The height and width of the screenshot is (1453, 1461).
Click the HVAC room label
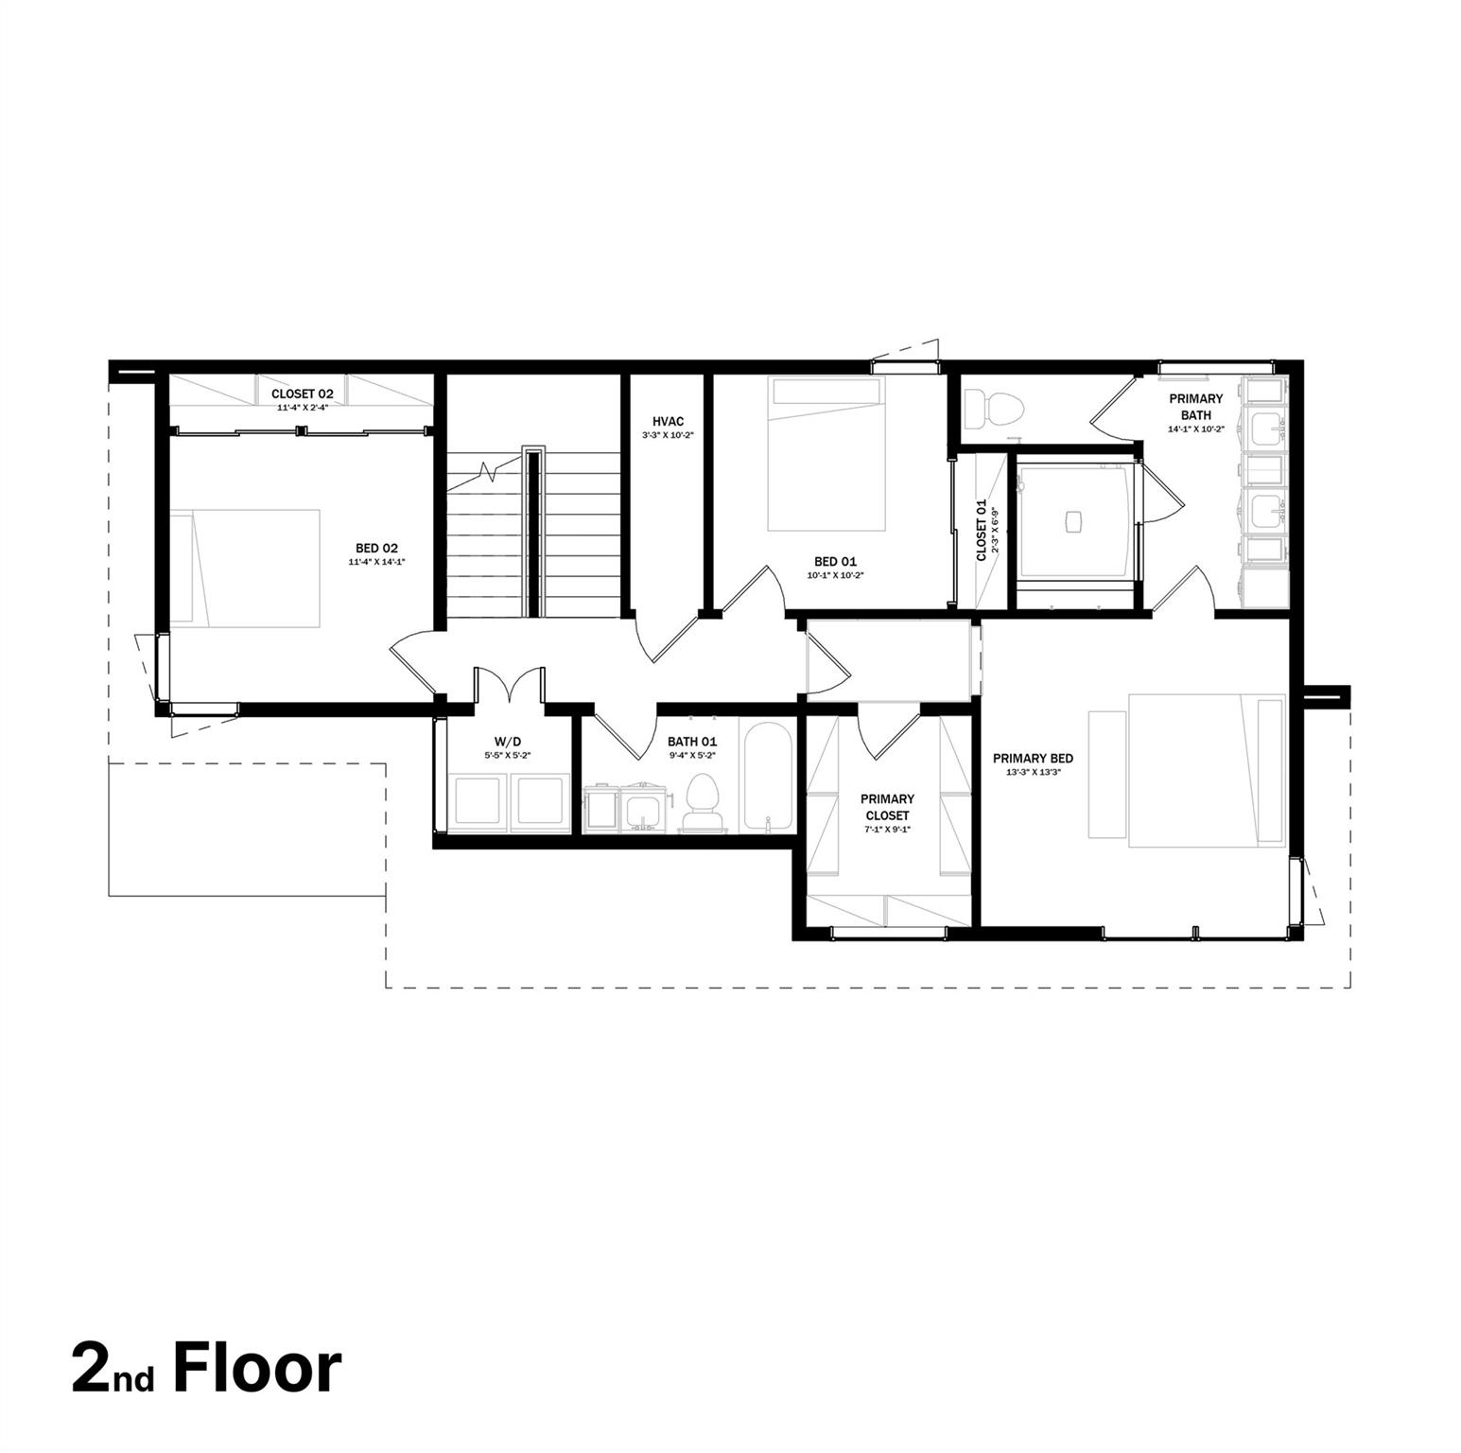[x=668, y=421]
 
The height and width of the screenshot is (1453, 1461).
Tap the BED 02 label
[x=376, y=548]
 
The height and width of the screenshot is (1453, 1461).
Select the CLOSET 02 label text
[x=303, y=394]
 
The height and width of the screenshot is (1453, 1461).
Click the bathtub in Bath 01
[x=767, y=776]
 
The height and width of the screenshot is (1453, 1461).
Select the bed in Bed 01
[x=826, y=454]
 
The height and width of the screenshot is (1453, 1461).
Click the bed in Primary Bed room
[x=1189, y=767]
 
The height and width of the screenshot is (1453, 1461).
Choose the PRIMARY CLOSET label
[x=887, y=807]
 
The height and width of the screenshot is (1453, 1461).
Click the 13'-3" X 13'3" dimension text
[x=1033, y=772]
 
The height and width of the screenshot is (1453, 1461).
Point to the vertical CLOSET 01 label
[x=982, y=530]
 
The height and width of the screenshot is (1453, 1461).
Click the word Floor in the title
[x=257, y=1368]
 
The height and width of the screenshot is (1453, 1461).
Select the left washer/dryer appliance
[x=478, y=800]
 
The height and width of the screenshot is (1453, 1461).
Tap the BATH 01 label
[x=692, y=742]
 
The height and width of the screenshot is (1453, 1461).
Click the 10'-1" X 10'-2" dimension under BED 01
[x=836, y=574]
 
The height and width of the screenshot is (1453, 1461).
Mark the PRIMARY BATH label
[x=1195, y=407]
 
